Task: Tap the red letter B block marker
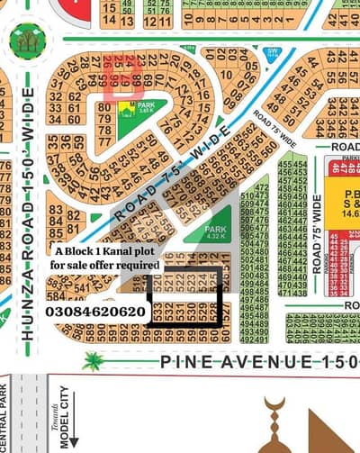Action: point(122,79)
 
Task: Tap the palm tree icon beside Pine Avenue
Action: point(93,362)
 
